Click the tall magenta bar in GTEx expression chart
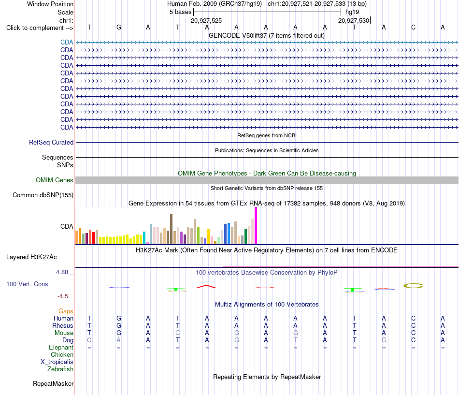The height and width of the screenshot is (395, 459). pyautogui.click(x=256, y=225)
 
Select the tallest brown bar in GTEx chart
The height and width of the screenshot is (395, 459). pyautogui.click(x=171, y=229)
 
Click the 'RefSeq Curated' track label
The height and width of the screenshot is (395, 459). pyautogui.click(x=51, y=143)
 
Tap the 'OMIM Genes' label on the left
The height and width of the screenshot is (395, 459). pyautogui.click(x=55, y=180)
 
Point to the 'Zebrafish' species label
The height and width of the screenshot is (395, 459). pyautogui.click(x=60, y=369)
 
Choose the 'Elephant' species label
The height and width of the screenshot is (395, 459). pyautogui.click(x=61, y=348)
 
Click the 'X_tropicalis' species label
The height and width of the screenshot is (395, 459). pyautogui.click(x=57, y=362)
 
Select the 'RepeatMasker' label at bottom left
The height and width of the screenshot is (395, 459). pyautogui.click(x=53, y=383)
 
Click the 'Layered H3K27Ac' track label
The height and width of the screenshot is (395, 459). pyautogui.click(x=31, y=257)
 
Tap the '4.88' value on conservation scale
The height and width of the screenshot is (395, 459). pyautogui.click(x=62, y=272)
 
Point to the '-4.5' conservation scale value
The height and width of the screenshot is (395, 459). pyautogui.click(x=63, y=296)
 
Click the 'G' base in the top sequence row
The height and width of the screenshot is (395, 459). pyautogui.click(x=118, y=27)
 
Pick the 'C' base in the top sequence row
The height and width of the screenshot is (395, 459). pyautogui.click(x=413, y=27)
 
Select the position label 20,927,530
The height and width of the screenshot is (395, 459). pyautogui.click(x=354, y=20)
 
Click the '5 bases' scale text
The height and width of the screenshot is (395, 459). pyautogui.click(x=180, y=12)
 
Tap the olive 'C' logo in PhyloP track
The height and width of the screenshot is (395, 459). pyautogui.click(x=413, y=286)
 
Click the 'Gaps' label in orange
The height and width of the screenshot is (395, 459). pyautogui.click(x=66, y=311)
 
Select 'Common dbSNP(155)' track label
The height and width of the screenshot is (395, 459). pyautogui.click(x=43, y=195)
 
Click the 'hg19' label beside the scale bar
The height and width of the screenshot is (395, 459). pyautogui.click(x=352, y=12)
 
